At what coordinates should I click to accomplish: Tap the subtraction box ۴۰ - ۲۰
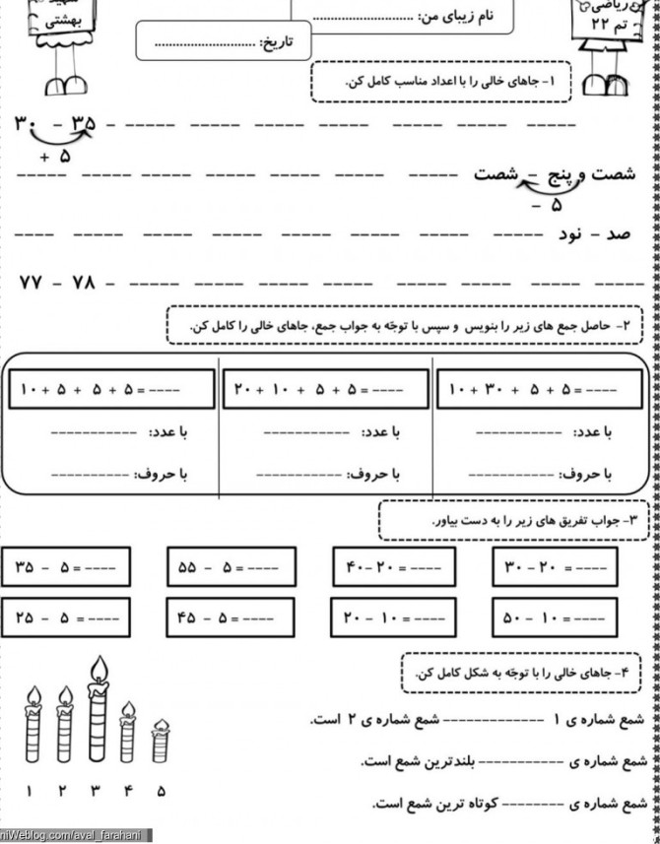394,568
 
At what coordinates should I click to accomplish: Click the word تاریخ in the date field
283,42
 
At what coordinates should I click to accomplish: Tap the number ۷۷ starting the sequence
30,283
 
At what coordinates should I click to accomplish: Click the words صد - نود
590,235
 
